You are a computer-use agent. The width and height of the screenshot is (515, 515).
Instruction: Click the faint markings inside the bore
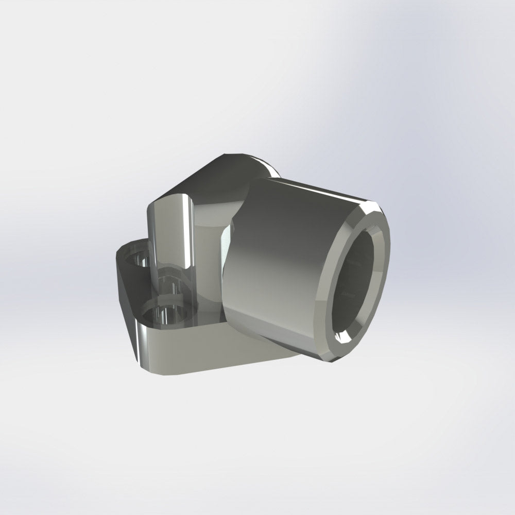350,294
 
